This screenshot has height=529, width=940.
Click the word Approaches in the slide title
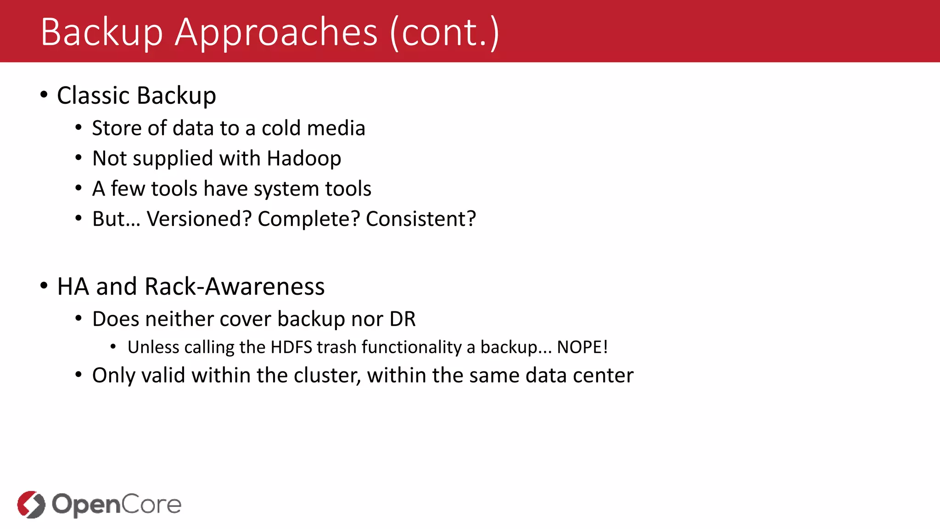click(276, 33)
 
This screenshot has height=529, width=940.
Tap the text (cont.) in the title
click(444, 33)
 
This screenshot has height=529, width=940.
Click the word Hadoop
click(304, 158)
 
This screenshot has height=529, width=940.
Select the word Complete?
click(309, 219)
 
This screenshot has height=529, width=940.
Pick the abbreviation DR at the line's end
click(403, 319)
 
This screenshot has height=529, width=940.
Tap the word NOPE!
click(582, 347)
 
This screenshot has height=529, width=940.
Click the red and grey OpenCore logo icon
click(31, 504)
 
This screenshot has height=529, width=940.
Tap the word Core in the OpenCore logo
click(151, 504)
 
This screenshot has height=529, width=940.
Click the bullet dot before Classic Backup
click(44, 95)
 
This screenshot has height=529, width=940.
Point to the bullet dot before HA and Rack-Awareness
click(44, 286)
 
